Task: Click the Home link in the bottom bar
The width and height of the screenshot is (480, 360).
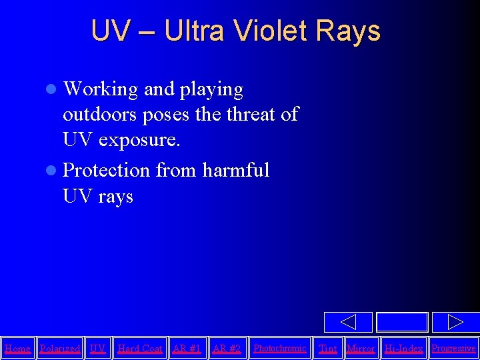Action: coord(17,349)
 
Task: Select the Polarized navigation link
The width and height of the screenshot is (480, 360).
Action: coord(60,349)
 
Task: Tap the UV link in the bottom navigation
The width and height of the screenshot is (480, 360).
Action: coord(98,349)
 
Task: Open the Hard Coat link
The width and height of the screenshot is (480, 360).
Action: coord(140,349)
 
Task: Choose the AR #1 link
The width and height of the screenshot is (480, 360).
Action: coord(187,349)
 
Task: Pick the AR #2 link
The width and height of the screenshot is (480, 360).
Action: coord(227,349)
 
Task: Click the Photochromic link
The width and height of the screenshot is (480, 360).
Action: coord(280,349)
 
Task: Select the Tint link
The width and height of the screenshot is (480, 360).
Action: coord(328,349)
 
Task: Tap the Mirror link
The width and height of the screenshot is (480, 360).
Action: coord(361,349)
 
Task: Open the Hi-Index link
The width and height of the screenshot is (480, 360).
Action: coord(404,349)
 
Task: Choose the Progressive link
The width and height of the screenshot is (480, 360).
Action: coord(454,349)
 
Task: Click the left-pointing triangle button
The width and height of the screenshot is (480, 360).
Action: coord(348,322)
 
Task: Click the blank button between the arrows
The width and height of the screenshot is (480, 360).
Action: coord(401,322)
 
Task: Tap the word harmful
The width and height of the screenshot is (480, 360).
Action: coord(236,170)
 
